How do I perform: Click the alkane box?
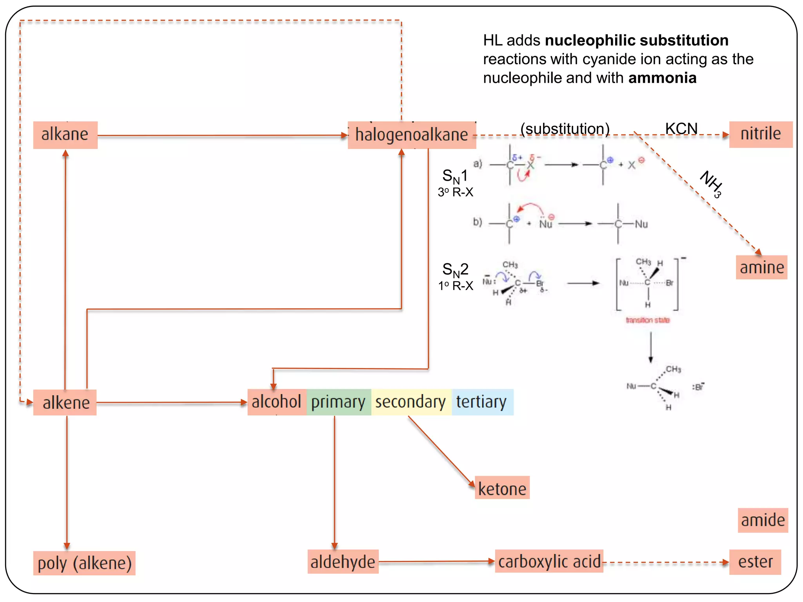pyautogui.click(x=65, y=135)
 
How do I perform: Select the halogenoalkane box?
pyautogui.click(x=412, y=135)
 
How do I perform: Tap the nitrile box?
pyautogui.click(x=760, y=134)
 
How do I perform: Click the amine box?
pyautogui.click(x=761, y=267)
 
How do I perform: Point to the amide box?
pyautogui.click(x=763, y=520)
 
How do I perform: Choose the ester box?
pyautogui.click(x=755, y=562)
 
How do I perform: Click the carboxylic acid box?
pyautogui.click(x=549, y=561)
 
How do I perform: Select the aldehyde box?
pyautogui.click(x=343, y=562)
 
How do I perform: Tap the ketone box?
pyautogui.click(x=502, y=488)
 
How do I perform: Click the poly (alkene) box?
pyautogui.click(x=84, y=563)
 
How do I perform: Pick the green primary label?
pyautogui.click(x=338, y=402)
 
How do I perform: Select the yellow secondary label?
pyautogui.click(x=411, y=402)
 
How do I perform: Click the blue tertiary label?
pyautogui.click(x=481, y=402)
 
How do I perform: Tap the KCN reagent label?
pyautogui.click(x=681, y=129)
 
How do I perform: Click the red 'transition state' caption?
pyautogui.click(x=647, y=320)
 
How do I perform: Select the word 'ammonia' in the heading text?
pyautogui.click(x=662, y=78)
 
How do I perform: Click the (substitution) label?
pyautogui.click(x=565, y=129)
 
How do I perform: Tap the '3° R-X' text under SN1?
pyautogui.click(x=456, y=192)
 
